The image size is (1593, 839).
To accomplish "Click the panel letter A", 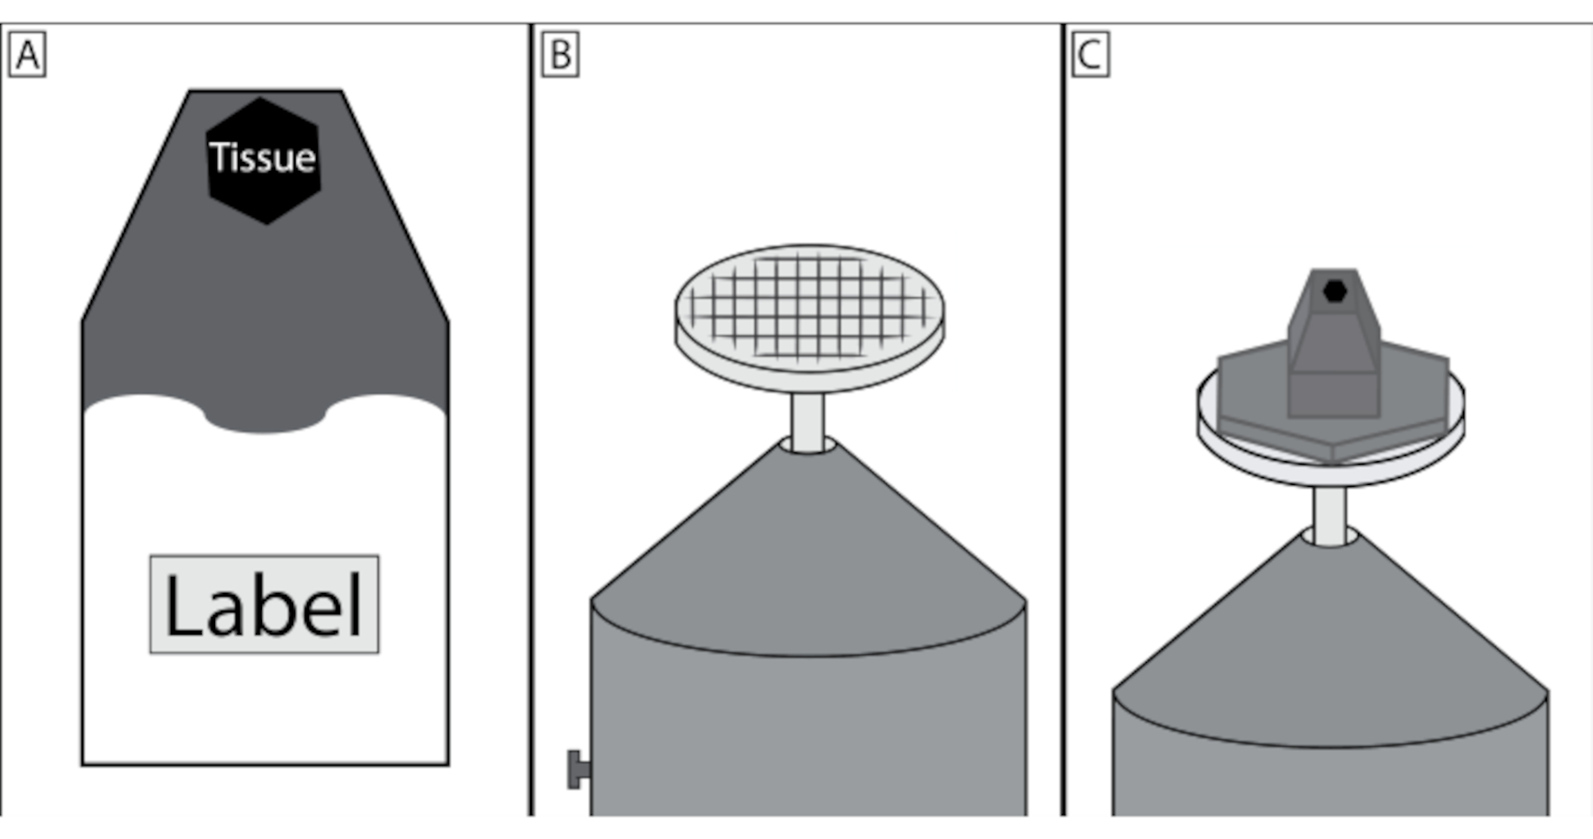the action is tap(27, 55).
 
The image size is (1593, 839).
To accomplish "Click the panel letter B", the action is tap(560, 55).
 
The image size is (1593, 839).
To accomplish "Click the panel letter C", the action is tap(1089, 55).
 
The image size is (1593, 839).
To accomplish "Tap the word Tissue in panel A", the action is tap(263, 158).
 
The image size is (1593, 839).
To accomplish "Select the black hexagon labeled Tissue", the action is tap(263, 199).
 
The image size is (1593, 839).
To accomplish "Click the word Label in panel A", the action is tap(264, 606).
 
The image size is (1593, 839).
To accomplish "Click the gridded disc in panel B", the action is tap(809, 305).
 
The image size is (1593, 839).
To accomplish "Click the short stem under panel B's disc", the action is tap(807, 423).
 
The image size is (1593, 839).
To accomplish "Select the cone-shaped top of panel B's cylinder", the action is tap(807, 549).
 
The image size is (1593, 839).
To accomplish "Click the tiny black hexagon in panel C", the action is tap(1335, 290).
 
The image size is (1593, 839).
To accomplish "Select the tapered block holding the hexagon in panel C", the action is tap(1333, 354).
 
